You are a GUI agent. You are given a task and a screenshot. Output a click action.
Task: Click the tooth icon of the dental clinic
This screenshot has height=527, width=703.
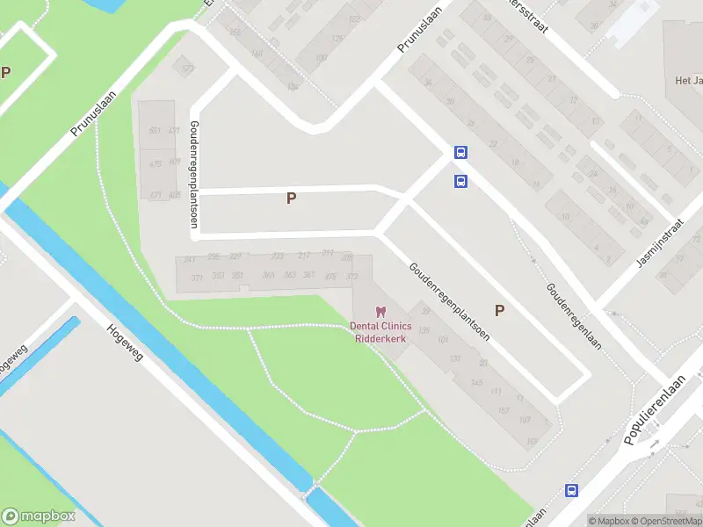coord(380,312)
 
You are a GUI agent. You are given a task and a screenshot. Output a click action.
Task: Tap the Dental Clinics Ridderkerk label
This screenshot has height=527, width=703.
coord(380,332)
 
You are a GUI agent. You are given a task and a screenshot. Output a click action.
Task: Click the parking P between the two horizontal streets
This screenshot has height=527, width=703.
coord(291,199)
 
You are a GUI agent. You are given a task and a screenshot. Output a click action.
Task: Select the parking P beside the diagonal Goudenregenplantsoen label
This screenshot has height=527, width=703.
coord(500,310)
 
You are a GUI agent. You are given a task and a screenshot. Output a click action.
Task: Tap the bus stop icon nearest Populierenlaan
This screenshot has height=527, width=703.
coord(571,490)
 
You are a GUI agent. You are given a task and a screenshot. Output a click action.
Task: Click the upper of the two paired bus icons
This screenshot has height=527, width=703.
coord(460,152)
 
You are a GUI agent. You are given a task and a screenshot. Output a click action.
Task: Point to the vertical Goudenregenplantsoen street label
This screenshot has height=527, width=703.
coord(192,175)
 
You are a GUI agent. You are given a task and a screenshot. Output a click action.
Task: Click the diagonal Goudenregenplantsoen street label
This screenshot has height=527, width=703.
coord(448,301)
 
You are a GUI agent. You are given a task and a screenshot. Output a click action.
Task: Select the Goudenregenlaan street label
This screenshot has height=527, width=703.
coord(574,316)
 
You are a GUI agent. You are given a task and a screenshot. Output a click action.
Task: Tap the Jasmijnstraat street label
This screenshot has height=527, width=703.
coord(660,245)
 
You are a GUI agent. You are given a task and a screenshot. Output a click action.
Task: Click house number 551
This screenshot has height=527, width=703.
coord(155,131)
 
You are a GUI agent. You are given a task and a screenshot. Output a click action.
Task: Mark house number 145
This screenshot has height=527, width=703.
coord(477,382)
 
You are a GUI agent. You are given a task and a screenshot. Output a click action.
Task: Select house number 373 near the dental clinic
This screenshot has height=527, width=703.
coord(352,277)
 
